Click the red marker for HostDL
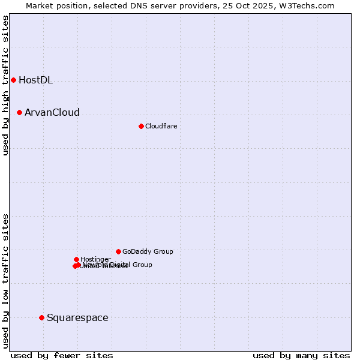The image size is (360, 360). [13, 80]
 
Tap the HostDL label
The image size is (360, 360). [35, 80]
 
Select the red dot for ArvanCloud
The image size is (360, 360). [19, 112]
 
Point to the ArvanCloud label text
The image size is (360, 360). [52, 113]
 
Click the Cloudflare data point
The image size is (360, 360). [141, 126]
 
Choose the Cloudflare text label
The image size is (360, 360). [161, 127]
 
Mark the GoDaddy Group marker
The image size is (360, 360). [118, 251]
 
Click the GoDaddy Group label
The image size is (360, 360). [148, 252]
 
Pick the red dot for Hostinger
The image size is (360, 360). [76, 259]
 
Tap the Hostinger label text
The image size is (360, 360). [95, 260]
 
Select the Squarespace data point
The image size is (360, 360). [41, 317]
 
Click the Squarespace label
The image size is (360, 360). [77, 318]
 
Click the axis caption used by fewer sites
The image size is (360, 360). [62, 355]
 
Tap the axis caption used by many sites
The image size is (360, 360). [301, 355]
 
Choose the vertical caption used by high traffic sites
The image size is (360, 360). [5, 85]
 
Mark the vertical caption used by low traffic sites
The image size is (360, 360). [5, 280]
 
